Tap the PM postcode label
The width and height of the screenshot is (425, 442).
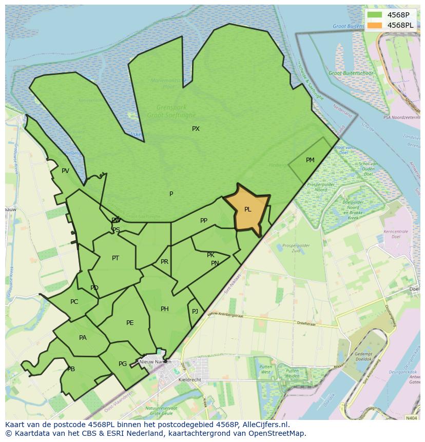[310, 160]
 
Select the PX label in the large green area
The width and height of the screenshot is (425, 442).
[196, 129]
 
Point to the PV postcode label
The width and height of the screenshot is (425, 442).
[65, 171]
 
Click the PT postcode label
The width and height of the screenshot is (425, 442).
[115, 258]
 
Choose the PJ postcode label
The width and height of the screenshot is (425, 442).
[195, 312]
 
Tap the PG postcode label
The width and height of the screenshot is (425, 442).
[123, 364]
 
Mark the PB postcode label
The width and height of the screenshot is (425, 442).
[71, 369]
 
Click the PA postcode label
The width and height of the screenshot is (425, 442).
[83, 338]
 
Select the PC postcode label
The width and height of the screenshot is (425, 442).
[74, 302]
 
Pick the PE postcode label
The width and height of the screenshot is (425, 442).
[130, 323]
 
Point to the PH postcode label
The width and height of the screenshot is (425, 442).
[164, 309]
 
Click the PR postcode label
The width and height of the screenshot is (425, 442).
[164, 262]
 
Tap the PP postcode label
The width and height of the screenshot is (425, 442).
[204, 221]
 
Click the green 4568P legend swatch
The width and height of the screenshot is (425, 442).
[375, 15]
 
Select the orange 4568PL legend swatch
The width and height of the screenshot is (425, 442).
[375, 25]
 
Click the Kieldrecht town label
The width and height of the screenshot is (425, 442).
[189, 380]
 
